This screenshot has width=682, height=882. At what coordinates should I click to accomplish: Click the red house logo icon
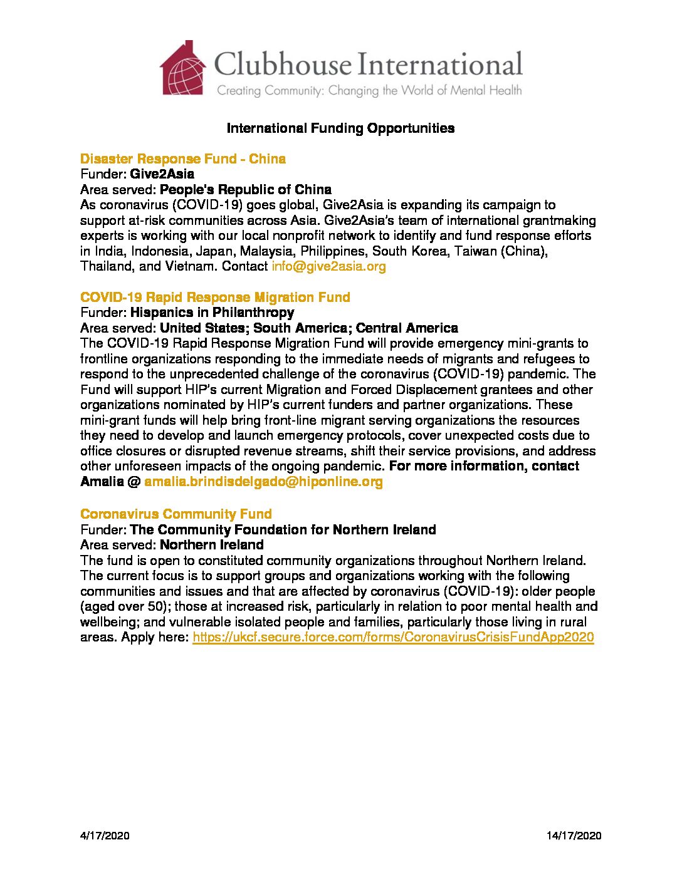183,68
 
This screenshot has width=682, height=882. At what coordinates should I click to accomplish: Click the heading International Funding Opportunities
340,128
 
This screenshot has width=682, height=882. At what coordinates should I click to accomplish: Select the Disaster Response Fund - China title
182,158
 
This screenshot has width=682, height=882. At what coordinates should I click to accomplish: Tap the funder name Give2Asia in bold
162,174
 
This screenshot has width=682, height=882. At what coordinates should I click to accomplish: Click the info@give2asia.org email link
328,266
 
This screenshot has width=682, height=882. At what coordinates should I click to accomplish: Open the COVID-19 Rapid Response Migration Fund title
215,297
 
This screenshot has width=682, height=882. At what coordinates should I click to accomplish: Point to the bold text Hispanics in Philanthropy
212,313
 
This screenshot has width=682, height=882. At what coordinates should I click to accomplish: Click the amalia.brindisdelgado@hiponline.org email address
263,482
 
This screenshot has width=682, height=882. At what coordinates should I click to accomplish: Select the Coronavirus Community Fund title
176,514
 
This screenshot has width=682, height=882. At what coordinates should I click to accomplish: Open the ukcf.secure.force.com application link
393,638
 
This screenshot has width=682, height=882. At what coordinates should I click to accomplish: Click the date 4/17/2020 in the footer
105,836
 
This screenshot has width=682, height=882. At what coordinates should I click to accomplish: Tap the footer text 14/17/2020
574,836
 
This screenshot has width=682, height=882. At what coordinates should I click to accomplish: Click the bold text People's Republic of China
246,190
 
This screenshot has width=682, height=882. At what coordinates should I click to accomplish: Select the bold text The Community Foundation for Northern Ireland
283,530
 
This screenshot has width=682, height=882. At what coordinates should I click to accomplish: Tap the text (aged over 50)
123,607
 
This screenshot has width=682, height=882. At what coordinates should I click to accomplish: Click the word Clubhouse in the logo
283,65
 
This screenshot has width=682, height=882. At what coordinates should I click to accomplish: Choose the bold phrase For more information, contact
484,467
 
